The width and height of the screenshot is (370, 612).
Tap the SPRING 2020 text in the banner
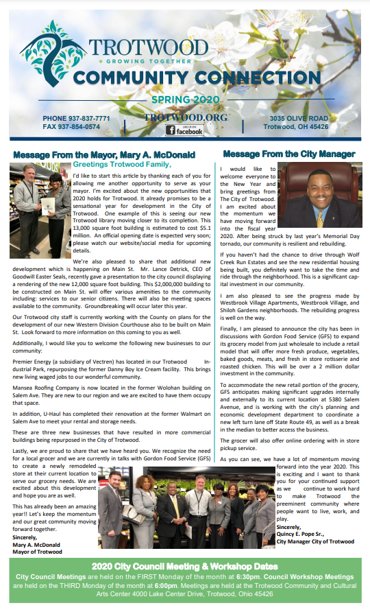(x=177, y=99)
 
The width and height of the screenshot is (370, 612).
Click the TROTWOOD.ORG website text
(x=177, y=117)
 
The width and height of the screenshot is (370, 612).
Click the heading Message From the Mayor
(x=104, y=154)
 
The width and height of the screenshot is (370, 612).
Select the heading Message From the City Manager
(x=289, y=154)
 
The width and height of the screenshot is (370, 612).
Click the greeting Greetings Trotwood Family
(x=123, y=164)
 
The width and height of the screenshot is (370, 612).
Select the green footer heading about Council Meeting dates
(x=185, y=567)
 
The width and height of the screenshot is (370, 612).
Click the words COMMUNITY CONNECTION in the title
(x=177, y=75)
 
